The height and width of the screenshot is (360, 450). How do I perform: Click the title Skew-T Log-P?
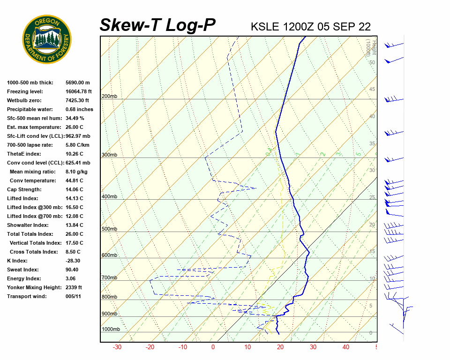click(x=157, y=25)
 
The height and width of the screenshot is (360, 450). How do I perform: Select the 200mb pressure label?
click(x=109, y=97)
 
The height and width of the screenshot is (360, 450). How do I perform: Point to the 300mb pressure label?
click(x=109, y=155)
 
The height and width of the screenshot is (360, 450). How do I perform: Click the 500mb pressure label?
click(x=109, y=229)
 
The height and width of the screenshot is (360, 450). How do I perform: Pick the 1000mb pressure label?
click(x=111, y=329)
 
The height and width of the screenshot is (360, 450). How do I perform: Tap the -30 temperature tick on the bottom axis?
click(x=117, y=347)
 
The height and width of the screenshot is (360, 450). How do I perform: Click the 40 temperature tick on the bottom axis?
click(x=346, y=347)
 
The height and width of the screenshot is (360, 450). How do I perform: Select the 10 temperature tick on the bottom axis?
click(x=247, y=347)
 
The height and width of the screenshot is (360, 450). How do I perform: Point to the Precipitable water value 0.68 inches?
click(x=79, y=109)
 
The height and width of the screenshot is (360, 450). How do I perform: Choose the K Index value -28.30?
click(x=73, y=261)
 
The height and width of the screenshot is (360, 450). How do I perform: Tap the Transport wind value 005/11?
click(x=74, y=296)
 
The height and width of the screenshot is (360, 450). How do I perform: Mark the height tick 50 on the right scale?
click(x=372, y=62)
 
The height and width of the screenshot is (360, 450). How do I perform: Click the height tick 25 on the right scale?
click(x=372, y=198)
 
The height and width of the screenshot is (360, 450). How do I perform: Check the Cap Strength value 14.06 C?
click(x=74, y=189)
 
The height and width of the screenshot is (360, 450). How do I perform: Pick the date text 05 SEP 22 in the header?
click(x=344, y=26)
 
